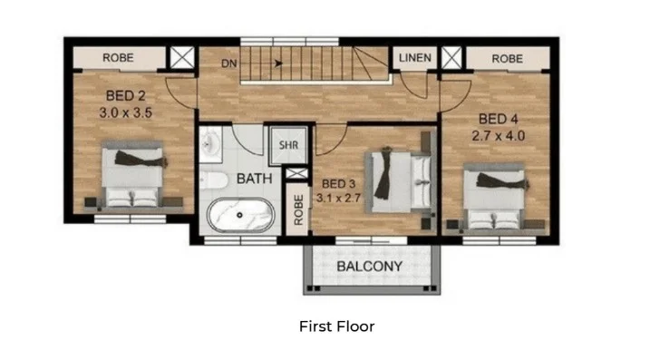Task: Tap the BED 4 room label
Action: point(498,119)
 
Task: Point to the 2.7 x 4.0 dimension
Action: point(498,135)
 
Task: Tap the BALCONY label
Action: point(369,267)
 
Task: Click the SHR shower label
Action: point(288,145)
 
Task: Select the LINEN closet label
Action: point(415,58)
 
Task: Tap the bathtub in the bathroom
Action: point(241,216)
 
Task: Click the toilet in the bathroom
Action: point(214,178)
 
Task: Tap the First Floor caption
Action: point(336,326)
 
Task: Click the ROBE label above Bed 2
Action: point(118,58)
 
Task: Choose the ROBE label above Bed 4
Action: point(507,58)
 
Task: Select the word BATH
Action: point(255,179)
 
